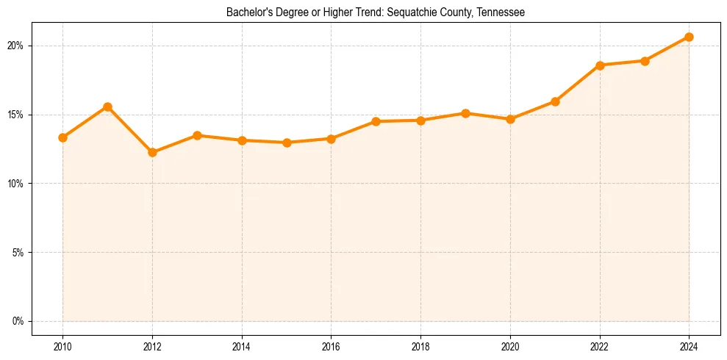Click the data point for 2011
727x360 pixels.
pos(107,107)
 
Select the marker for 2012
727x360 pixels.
pos(152,153)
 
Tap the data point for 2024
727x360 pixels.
pos(689,37)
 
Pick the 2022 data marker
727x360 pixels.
pos(600,65)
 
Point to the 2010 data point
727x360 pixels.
pos(63,137)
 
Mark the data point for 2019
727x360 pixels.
pos(465,113)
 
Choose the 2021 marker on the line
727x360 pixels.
pos(555,101)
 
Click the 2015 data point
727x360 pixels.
pos(287,143)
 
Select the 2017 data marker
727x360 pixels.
pos(376,121)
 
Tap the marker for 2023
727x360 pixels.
pos(645,61)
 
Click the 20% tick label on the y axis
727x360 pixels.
pos(15,46)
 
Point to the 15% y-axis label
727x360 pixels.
pos(15,115)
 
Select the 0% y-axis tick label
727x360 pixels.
pos(18,321)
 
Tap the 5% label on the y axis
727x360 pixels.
pos(18,252)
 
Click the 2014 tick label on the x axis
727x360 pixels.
pos(242,345)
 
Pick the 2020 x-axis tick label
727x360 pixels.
pos(510,345)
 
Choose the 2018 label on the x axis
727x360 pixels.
pos(420,345)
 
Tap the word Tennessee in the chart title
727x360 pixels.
pos(499,13)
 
